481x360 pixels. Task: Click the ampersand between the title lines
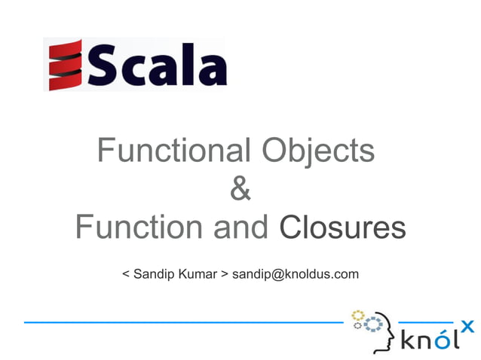pos(240,188)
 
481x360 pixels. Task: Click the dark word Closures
pos(342,227)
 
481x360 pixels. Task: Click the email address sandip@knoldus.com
pos(295,274)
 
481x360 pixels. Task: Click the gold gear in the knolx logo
pos(358,316)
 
